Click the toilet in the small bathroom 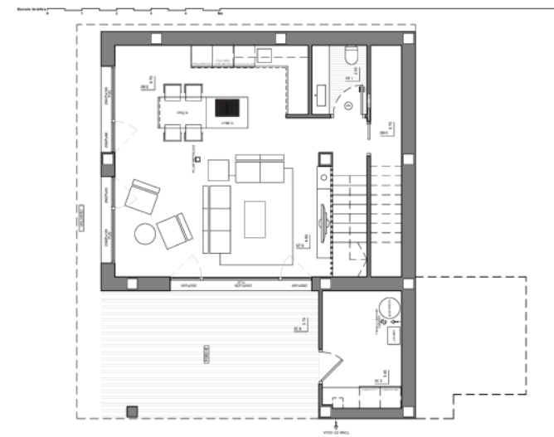click(x=349, y=56)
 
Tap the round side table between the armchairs click(x=145, y=234)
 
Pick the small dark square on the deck click(x=131, y=410)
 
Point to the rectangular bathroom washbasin click(x=320, y=93)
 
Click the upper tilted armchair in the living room click(x=142, y=196)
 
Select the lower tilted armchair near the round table click(x=174, y=231)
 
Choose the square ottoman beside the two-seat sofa click(x=218, y=169)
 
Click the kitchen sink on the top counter click(x=264, y=56)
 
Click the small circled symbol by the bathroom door click(x=348, y=105)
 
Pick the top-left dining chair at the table click(x=173, y=90)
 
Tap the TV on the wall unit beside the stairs click(x=323, y=217)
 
